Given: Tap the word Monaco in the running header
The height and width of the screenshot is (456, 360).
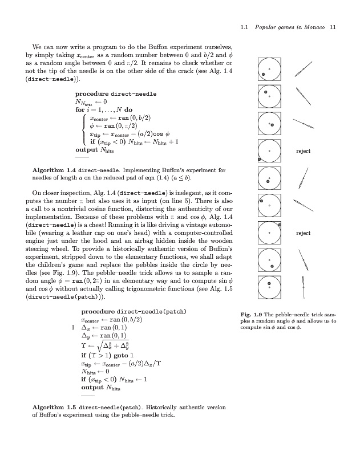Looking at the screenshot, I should coord(311,27).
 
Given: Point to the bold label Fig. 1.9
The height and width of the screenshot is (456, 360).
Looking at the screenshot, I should coord(253,315).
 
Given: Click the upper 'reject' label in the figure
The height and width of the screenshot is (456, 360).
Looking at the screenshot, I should coord(303,151).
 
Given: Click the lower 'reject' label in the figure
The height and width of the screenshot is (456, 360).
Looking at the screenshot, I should coord(303,233).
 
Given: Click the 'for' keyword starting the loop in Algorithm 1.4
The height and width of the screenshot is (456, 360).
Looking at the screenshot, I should coord(80,109).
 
